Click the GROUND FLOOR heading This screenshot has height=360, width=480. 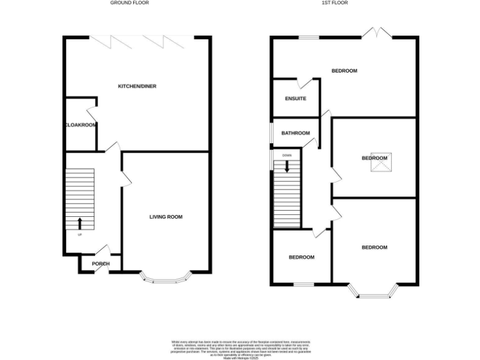point(129,3)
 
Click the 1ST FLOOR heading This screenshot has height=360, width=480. point(334,3)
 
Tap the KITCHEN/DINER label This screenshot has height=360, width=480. point(137,86)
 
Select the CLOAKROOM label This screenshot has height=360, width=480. point(81,125)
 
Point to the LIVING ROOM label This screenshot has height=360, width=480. point(166,217)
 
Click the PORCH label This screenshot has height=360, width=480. point(101,264)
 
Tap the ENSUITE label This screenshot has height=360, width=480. point(296,99)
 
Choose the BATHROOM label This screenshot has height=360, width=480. point(296,133)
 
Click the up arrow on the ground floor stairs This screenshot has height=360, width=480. point(79,223)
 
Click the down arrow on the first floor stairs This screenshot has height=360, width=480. point(287,166)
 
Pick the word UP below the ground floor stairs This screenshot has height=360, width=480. point(79,235)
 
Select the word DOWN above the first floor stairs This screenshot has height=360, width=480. point(287,155)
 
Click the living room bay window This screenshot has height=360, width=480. point(166,277)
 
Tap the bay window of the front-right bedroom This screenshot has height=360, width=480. point(373,291)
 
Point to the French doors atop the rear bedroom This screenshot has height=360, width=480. point(376,32)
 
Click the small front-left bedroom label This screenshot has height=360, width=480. point(301,257)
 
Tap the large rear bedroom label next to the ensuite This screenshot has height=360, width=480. point(344,71)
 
